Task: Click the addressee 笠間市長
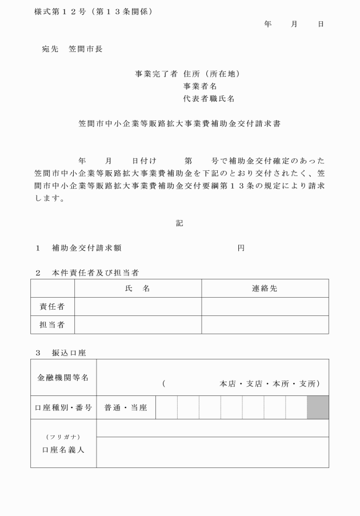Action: pyautogui.click(x=85, y=49)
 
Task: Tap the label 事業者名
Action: pyautogui.click(x=200, y=86)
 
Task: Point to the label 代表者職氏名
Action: pyautogui.click(x=209, y=98)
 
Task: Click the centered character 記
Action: pyautogui.click(x=179, y=223)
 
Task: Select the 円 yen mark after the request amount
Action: pyautogui.click(x=241, y=248)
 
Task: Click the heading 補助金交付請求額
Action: pyautogui.click(x=86, y=248)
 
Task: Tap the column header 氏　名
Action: pyautogui.click(x=138, y=289)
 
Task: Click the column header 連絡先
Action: pyautogui.click(x=265, y=289)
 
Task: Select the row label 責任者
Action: pyautogui.click(x=52, y=307)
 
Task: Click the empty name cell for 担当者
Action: pyautogui.click(x=138, y=325)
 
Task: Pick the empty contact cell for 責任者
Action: pyautogui.click(x=265, y=307)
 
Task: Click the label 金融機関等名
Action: pyautogui.click(x=63, y=378)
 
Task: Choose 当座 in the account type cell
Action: pyautogui.click(x=139, y=408)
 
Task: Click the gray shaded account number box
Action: pyautogui.click(x=318, y=407)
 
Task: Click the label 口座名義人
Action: pyautogui.click(x=63, y=450)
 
